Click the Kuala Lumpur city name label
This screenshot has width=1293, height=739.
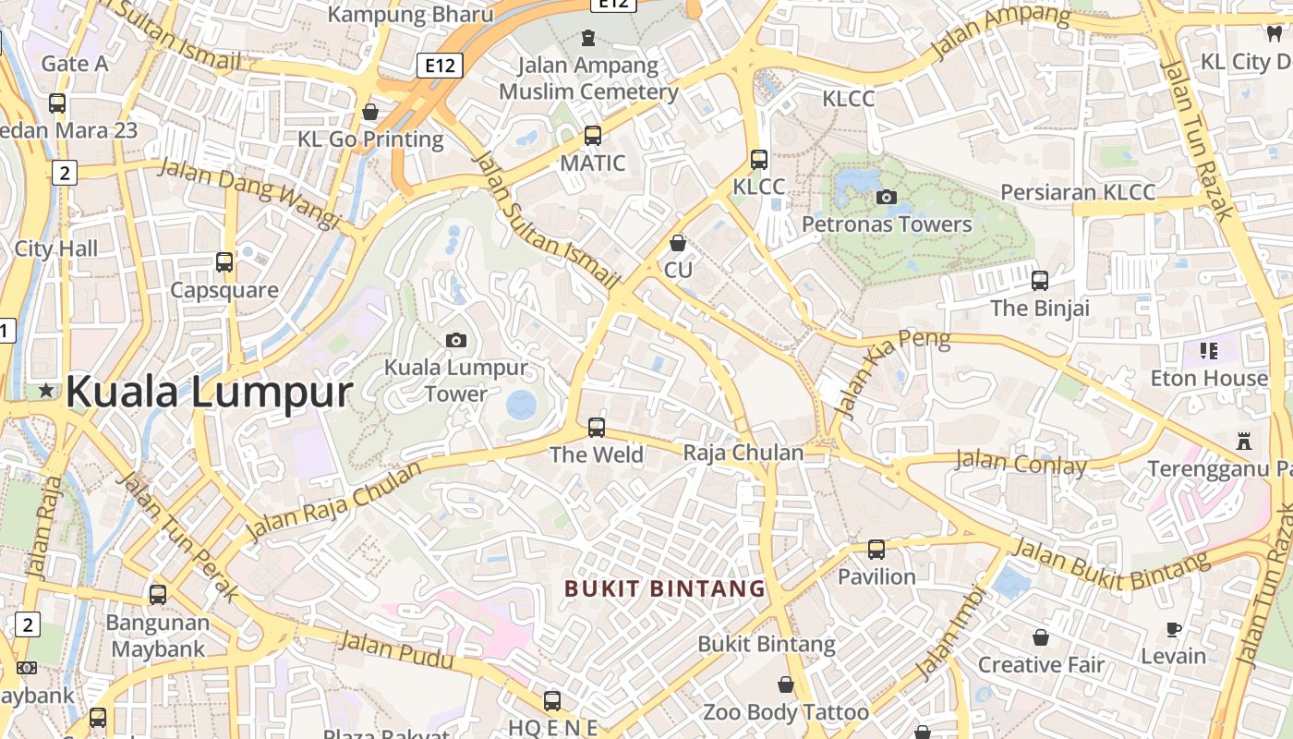(209, 392)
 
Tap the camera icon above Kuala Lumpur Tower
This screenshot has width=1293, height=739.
(455, 340)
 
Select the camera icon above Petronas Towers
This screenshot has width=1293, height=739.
(886, 197)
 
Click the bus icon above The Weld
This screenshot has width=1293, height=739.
(597, 428)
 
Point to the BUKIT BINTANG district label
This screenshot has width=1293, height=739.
(665, 588)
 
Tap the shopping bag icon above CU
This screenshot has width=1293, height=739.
(678, 243)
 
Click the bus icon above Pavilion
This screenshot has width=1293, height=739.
(876, 550)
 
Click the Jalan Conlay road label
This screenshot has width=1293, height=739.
(1021, 463)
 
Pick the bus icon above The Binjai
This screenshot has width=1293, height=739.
(1040, 281)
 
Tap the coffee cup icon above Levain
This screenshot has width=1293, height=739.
(1173, 629)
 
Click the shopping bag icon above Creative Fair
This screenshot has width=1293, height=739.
(1041, 637)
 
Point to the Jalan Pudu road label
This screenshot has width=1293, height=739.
(396, 650)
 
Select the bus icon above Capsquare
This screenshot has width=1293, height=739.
(224, 262)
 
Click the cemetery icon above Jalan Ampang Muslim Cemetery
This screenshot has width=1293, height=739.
(588, 38)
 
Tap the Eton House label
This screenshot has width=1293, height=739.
(1209, 379)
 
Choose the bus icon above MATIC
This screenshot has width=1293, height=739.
(593, 136)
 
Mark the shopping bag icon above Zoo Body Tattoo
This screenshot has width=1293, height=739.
(785, 684)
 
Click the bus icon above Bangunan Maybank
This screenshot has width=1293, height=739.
(158, 595)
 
